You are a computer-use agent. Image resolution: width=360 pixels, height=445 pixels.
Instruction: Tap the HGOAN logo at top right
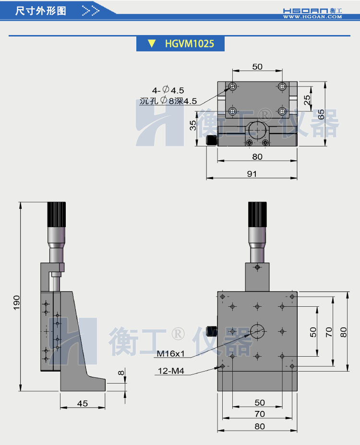coord(312,11)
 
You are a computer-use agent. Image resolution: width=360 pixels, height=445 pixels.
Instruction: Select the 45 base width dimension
coord(83,403)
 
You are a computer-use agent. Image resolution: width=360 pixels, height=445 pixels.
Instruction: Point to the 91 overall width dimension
coord(252,173)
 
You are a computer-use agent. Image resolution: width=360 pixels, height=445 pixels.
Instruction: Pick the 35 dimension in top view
coord(192,125)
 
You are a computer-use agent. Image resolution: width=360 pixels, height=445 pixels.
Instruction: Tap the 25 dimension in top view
coord(307,99)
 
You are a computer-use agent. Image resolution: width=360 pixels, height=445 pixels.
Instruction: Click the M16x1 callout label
coord(170,354)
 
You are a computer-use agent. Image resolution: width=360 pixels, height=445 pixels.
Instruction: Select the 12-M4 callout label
coord(171,371)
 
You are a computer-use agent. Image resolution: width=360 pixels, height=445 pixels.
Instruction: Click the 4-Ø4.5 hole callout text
coord(168,90)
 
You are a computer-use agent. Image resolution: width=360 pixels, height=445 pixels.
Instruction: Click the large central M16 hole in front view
coord(258,330)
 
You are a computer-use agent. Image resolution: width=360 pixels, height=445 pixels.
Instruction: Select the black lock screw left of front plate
coord(212,331)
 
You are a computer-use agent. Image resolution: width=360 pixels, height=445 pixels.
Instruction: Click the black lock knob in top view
coord(211,141)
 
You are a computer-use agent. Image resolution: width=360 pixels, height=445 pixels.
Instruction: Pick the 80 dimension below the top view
coord(257,156)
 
